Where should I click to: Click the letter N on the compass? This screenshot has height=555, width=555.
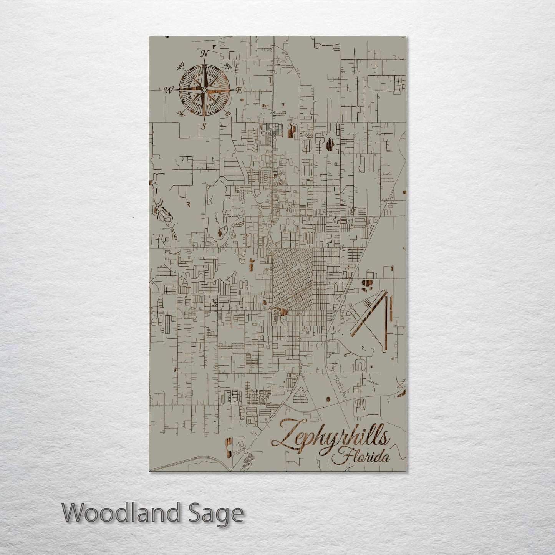click(205, 53)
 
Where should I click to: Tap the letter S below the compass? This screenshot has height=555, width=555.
click(204, 126)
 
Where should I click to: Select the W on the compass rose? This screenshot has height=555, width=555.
click(168, 91)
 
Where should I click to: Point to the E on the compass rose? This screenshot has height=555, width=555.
click(239, 91)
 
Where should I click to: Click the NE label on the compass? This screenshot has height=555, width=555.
click(229, 66)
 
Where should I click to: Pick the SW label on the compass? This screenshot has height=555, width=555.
click(179, 113)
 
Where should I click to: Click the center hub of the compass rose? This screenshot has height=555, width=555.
click(203, 89)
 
